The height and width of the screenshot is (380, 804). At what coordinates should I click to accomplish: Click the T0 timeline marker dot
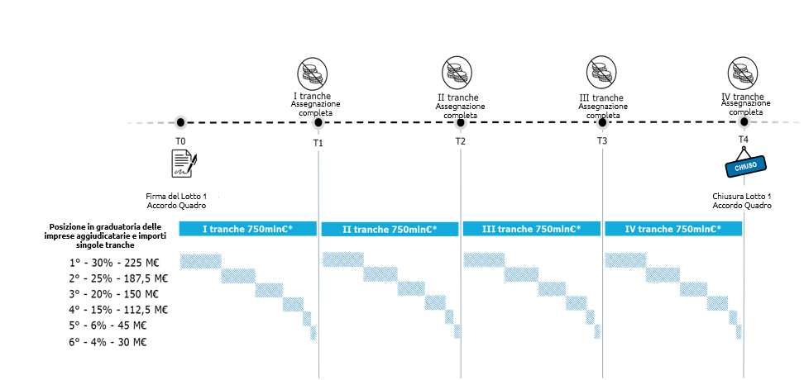click(180, 122)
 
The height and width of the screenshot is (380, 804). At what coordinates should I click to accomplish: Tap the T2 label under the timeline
click(461, 142)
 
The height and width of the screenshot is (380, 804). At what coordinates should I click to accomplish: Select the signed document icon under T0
click(184, 164)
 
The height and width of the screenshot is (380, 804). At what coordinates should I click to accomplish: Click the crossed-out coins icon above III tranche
click(601, 71)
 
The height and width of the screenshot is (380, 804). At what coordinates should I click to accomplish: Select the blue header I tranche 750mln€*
click(247, 229)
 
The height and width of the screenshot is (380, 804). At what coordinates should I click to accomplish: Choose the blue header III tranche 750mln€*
click(532, 229)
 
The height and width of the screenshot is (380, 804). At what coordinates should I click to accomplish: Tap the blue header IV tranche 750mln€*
click(673, 229)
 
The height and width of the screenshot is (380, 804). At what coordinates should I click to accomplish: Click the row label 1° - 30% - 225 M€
click(114, 264)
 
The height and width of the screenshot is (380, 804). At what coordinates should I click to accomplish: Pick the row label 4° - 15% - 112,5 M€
click(119, 310)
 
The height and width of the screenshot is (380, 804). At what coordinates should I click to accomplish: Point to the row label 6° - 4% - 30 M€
click(108, 342)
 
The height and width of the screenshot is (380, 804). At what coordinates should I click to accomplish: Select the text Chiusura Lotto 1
click(742, 196)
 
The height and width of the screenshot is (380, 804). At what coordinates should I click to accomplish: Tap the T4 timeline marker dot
click(744, 122)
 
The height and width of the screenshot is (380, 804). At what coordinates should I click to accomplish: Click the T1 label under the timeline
click(318, 143)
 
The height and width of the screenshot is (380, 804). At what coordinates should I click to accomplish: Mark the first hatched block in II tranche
click(343, 259)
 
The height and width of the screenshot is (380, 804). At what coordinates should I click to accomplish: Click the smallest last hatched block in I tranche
click(313, 333)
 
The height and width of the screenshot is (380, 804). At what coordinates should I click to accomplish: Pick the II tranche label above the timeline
click(457, 97)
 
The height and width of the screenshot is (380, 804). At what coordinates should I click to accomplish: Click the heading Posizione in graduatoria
click(104, 226)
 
